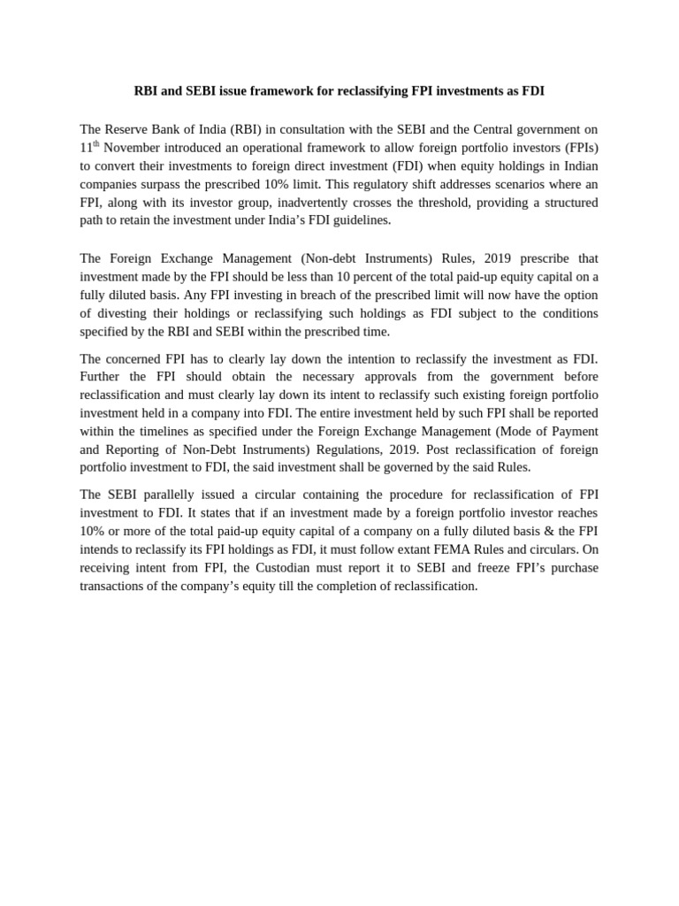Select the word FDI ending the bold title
(532, 91)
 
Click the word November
(132, 147)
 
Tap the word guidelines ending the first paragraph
(359, 220)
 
